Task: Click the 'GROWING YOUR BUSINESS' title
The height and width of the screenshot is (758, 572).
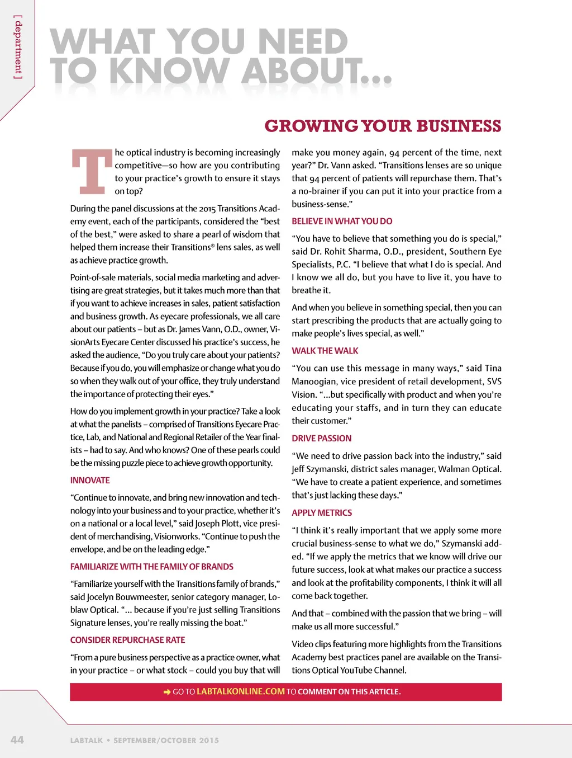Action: click(x=383, y=126)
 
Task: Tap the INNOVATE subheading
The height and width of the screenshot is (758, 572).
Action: click(x=90, y=480)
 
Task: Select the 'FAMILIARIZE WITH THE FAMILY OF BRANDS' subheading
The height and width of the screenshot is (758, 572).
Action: click(x=152, y=567)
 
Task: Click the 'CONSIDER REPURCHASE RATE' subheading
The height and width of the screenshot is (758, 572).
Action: click(x=127, y=640)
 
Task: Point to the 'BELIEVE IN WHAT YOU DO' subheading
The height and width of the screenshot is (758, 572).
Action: click(x=342, y=221)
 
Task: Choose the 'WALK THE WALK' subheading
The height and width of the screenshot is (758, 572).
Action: click(x=325, y=351)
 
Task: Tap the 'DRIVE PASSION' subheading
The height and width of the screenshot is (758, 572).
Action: click(x=322, y=438)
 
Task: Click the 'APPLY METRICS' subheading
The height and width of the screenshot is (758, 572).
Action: click(x=322, y=512)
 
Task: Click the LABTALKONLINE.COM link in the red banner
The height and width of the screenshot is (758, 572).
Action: click(x=241, y=691)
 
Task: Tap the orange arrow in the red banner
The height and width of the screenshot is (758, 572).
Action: click(x=166, y=692)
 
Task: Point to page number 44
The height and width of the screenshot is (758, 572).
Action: click(x=17, y=740)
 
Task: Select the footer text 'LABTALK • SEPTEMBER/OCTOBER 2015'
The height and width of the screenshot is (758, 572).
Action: click(x=145, y=740)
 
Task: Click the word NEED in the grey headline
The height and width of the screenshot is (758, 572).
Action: click(x=303, y=42)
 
